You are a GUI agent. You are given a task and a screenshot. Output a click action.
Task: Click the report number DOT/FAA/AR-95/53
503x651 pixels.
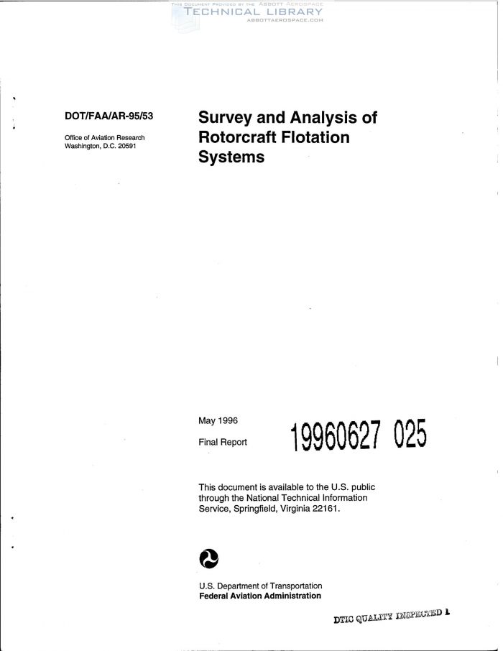(x=109, y=115)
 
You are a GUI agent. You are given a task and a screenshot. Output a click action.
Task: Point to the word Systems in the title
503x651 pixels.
(x=231, y=157)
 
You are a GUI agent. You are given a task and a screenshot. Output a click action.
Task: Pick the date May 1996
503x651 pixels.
(x=218, y=420)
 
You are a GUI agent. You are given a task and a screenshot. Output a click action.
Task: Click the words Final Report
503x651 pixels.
(x=222, y=442)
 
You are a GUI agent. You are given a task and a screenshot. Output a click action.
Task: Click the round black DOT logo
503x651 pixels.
(x=208, y=558)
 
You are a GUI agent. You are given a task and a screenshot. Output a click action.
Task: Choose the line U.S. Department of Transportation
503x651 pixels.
(x=260, y=586)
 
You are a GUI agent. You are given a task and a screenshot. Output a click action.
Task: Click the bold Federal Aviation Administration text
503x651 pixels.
(x=259, y=596)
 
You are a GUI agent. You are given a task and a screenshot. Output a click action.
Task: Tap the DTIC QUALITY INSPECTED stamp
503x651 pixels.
(x=392, y=617)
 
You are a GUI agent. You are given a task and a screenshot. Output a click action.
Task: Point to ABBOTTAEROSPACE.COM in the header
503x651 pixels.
(x=285, y=20)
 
